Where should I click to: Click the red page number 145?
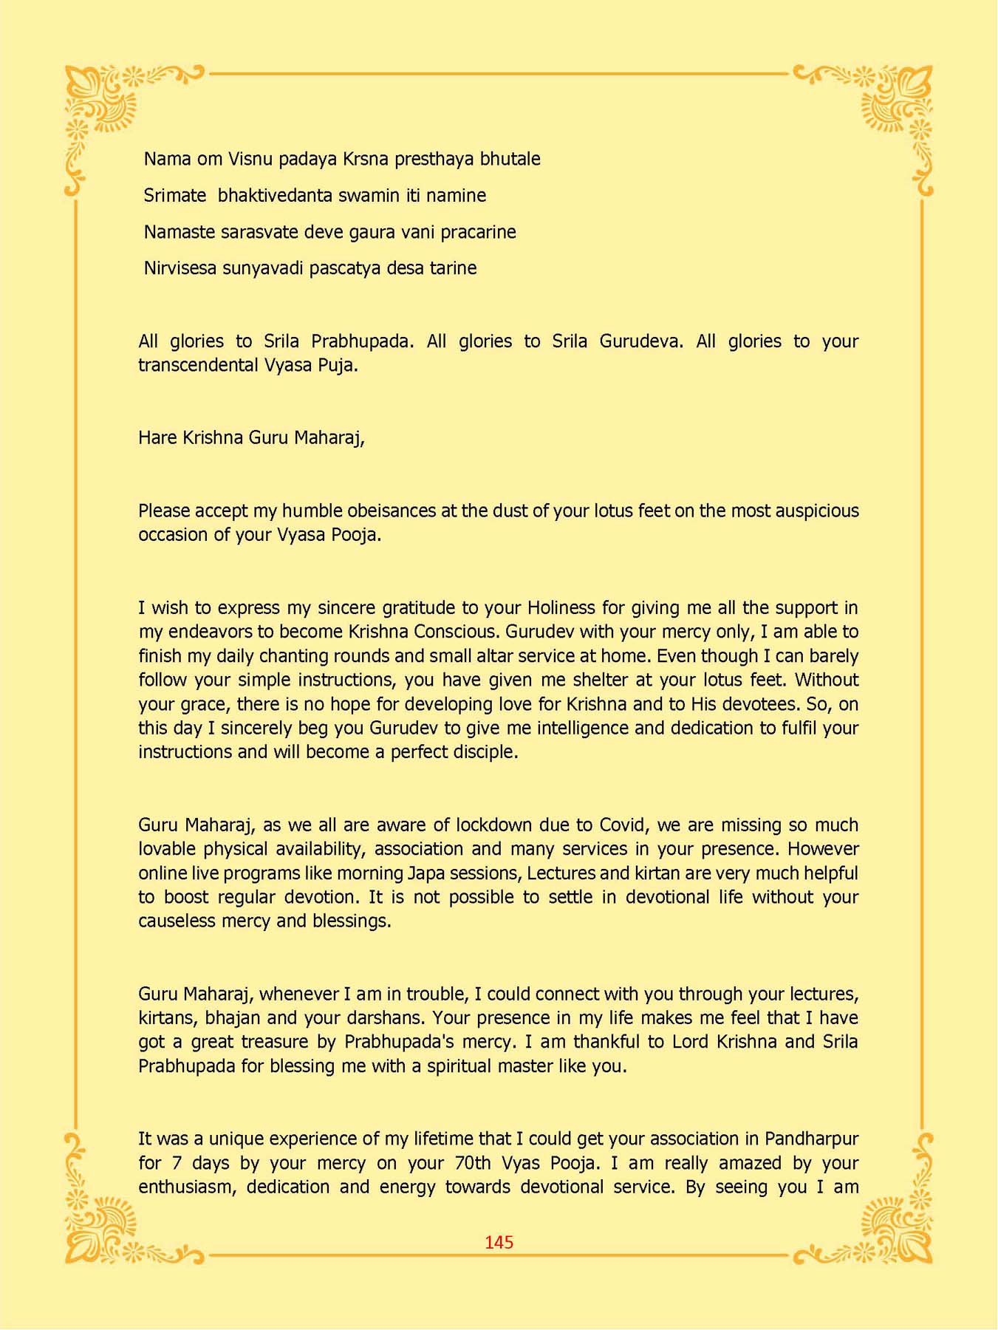(x=499, y=1243)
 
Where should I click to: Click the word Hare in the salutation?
(x=158, y=437)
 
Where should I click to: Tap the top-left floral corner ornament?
(x=103, y=103)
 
